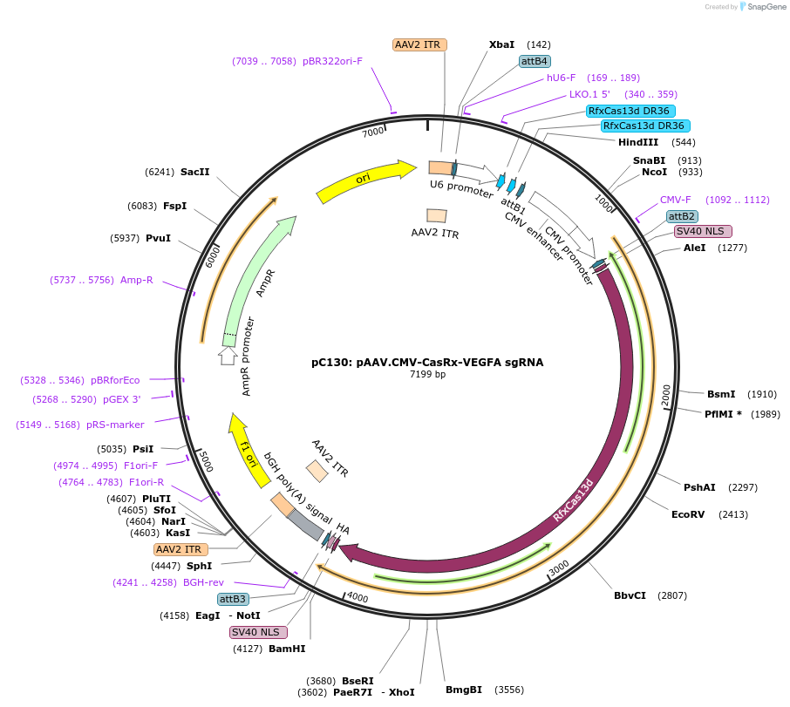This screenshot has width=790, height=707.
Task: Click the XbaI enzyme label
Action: click(501, 44)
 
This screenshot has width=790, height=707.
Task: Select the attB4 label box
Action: click(535, 61)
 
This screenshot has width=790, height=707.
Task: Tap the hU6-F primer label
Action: click(562, 78)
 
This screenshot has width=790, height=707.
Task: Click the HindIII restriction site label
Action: click(638, 142)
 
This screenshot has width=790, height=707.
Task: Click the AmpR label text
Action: click(268, 283)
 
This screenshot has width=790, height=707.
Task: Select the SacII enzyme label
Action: click(194, 172)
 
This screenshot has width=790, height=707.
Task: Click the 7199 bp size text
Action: click(427, 375)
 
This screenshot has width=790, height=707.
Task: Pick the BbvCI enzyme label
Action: click(630, 595)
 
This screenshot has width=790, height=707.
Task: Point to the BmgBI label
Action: click(464, 690)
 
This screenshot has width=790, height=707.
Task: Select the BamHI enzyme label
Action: click(287, 649)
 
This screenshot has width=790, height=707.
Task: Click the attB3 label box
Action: click(233, 599)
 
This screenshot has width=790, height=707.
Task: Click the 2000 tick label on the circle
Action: click(665, 395)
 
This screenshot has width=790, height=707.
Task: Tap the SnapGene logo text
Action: click(765, 7)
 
